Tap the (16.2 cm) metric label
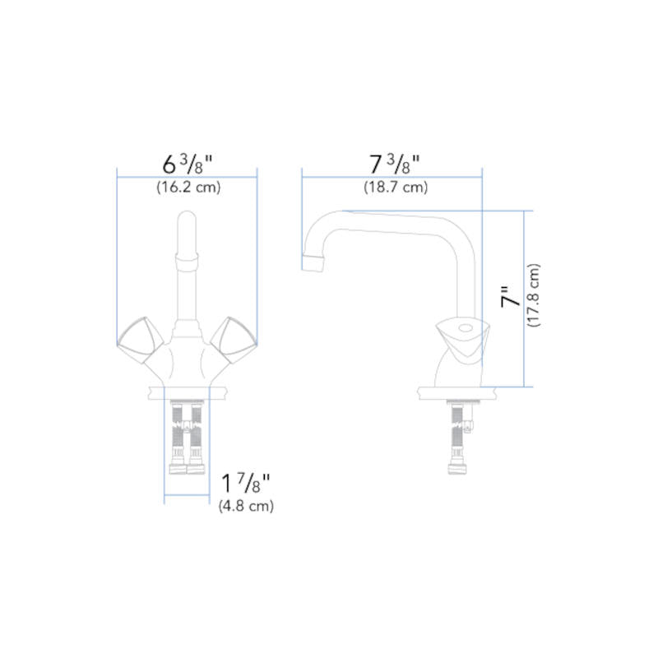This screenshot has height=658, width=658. (188, 188)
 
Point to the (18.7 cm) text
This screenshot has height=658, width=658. (396, 188)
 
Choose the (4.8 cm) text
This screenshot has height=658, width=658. (246, 507)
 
